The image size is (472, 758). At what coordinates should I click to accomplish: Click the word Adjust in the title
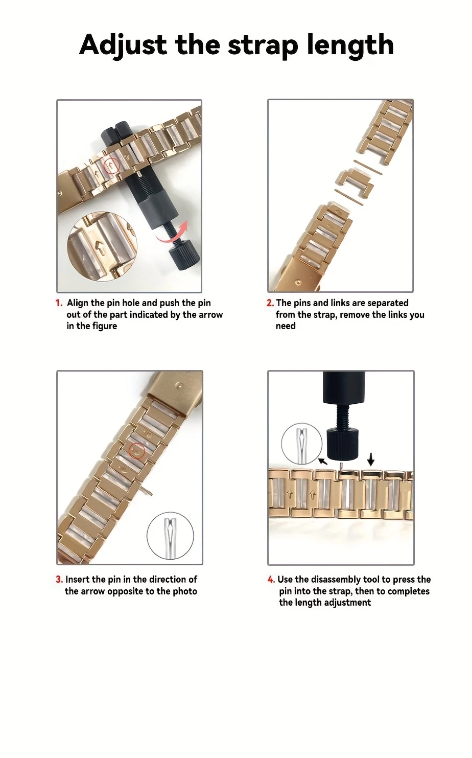click(123, 45)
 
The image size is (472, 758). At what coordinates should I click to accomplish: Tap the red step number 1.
click(59, 303)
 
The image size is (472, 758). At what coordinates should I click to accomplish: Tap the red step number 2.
click(270, 303)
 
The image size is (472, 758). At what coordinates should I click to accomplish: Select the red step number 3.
click(59, 579)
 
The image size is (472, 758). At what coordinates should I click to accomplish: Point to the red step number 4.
click(271, 579)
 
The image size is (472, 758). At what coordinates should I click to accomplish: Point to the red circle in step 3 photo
click(136, 450)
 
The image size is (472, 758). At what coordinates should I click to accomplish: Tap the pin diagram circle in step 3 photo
click(171, 536)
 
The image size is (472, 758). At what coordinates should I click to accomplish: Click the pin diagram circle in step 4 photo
click(301, 443)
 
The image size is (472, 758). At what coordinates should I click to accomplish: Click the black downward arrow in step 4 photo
click(371, 459)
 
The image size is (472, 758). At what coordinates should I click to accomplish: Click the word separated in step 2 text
click(388, 303)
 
